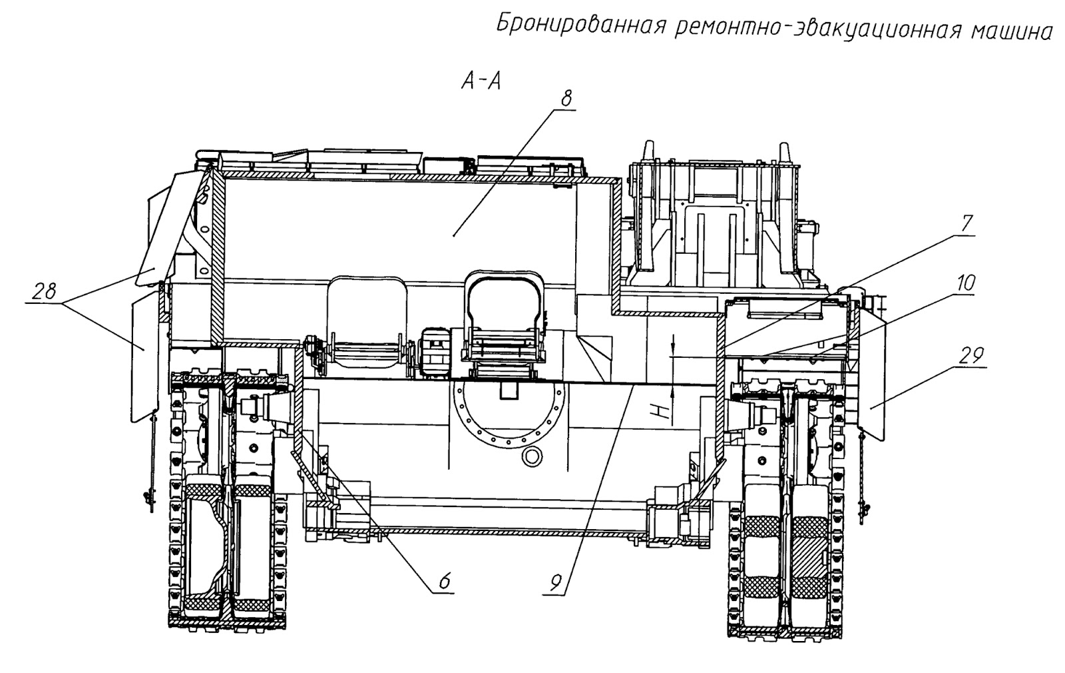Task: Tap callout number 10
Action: [965, 284]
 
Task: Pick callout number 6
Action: [444, 581]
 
